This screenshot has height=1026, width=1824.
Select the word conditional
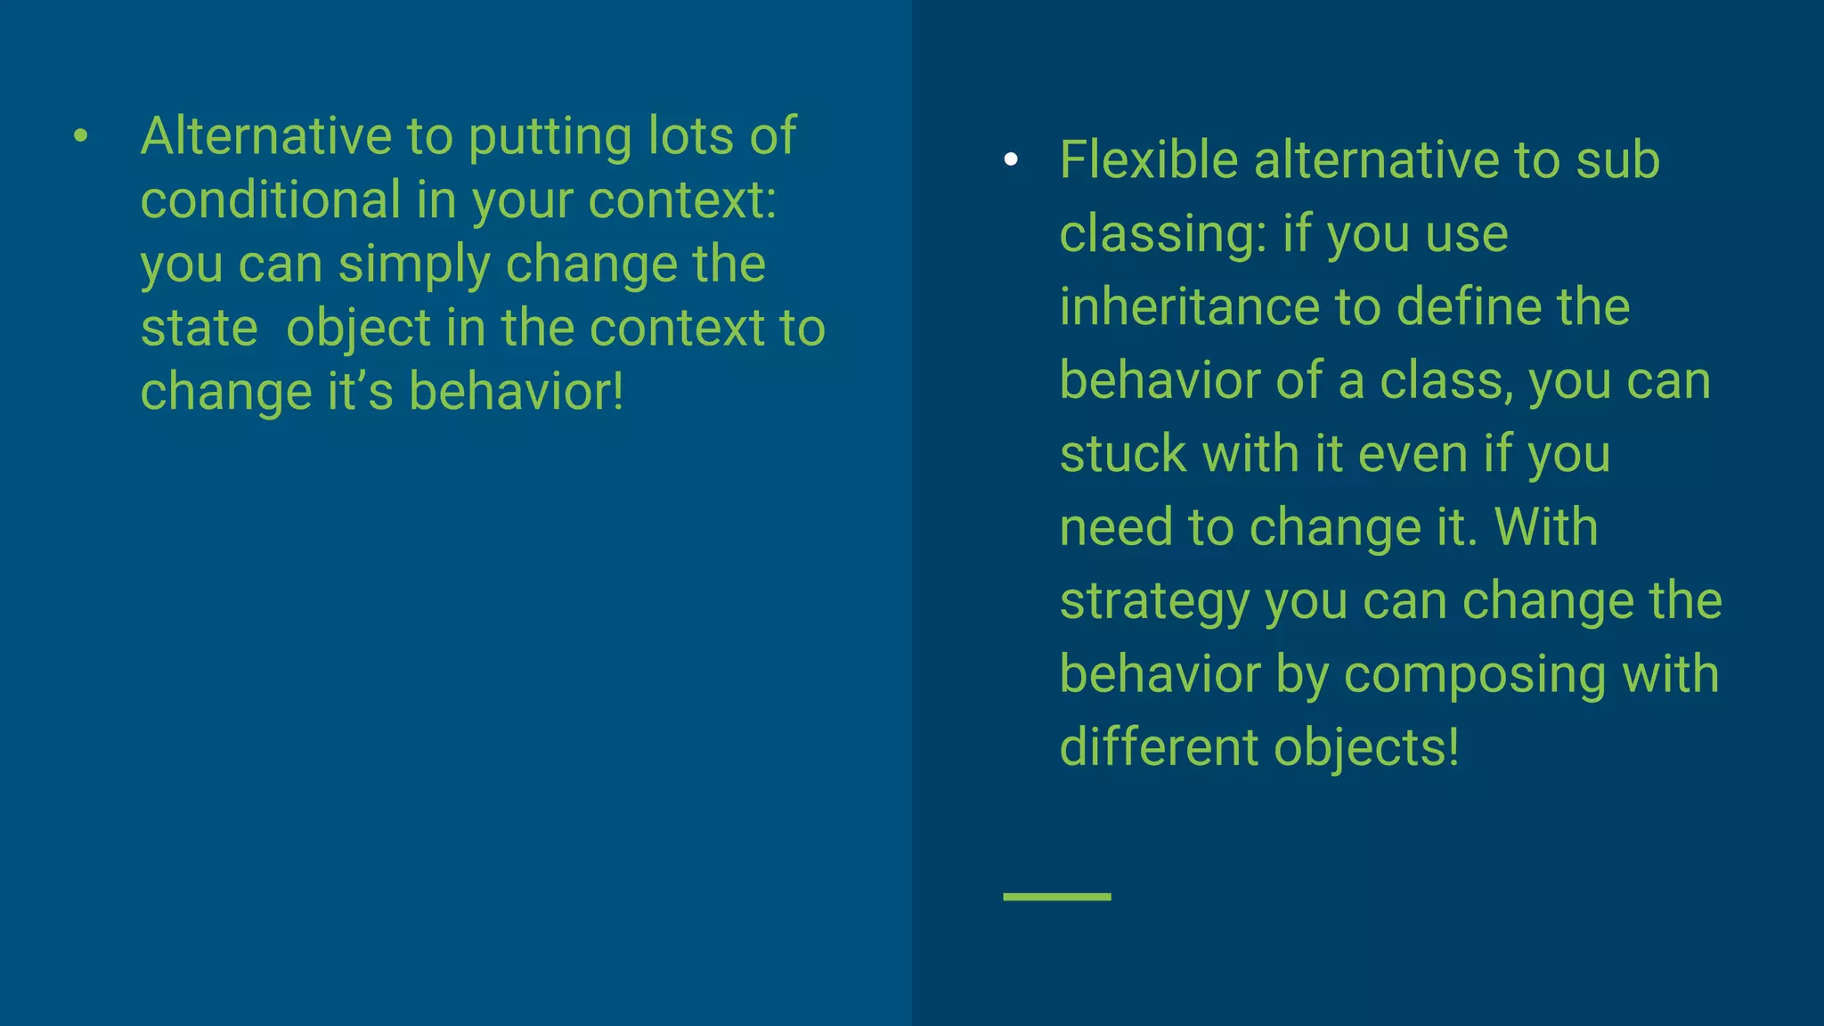pyautogui.click(x=271, y=199)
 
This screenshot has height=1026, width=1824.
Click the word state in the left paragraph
pyautogui.click(x=199, y=329)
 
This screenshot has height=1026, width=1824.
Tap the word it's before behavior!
pyautogui.click(x=360, y=392)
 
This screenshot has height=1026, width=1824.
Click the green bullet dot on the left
pyautogui.click(x=81, y=136)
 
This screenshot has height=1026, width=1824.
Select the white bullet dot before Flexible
pyautogui.click(x=1010, y=159)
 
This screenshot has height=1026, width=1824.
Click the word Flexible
pyautogui.click(x=1148, y=160)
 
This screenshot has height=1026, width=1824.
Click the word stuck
pyautogui.click(x=1123, y=454)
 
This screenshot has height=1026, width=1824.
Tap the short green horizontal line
pyautogui.click(x=1056, y=897)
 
